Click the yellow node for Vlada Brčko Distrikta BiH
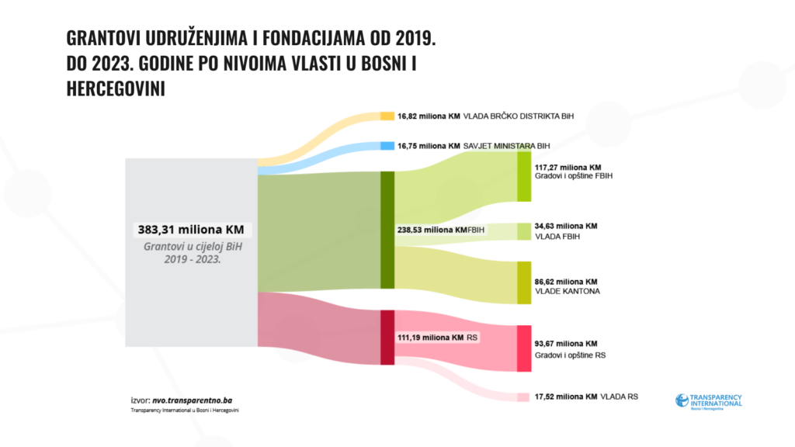click(x=387, y=116)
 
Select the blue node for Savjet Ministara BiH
click(x=387, y=145)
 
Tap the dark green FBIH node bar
click(x=387, y=230)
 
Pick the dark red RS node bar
click(x=387, y=337)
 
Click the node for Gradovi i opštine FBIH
click(x=524, y=176)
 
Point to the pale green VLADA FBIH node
click(x=524, y=231)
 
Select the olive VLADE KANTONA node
click(x=524, y=282)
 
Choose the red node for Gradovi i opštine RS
click(x=524, y=348)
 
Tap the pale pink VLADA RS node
click(x=524, y=397)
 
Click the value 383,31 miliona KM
click(x=191, y=230)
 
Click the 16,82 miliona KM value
click(x=429, y=116)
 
